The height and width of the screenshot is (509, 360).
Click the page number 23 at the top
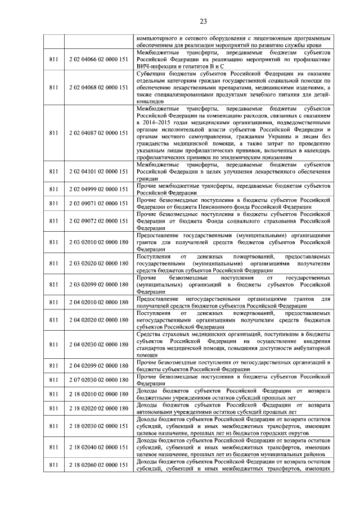(x=179, y=21)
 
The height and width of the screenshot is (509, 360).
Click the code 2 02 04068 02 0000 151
(x=98, y=87)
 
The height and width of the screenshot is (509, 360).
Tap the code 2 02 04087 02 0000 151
(x=98, y=133)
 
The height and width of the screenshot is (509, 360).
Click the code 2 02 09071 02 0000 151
(x=98, y=202)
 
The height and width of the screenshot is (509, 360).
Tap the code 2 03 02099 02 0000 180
(x=98, y=283)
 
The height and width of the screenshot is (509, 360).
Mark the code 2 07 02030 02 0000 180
(x=98, y=380)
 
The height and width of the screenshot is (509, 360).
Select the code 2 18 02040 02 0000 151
(x=98, y=447)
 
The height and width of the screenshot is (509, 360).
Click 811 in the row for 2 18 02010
(x=53, y=394)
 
